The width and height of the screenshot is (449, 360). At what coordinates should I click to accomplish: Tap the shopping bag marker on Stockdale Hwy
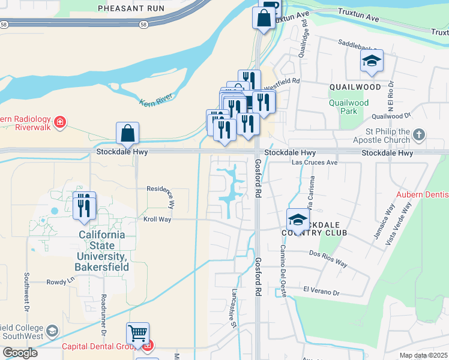click(127, 134)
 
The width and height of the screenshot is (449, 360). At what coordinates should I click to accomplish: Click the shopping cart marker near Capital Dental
click(138, 334)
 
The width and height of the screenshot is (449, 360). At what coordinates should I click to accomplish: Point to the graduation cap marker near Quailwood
click(372, 61)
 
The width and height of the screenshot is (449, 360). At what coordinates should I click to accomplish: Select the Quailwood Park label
click(349, 106)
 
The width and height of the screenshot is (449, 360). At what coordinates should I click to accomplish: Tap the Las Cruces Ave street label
click(315, 163)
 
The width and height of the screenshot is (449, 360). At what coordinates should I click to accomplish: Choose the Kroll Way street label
click(157, 220)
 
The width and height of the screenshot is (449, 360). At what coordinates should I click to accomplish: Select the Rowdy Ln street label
click(60, 280)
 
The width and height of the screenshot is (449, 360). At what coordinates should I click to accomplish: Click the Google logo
click(19, 352)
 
